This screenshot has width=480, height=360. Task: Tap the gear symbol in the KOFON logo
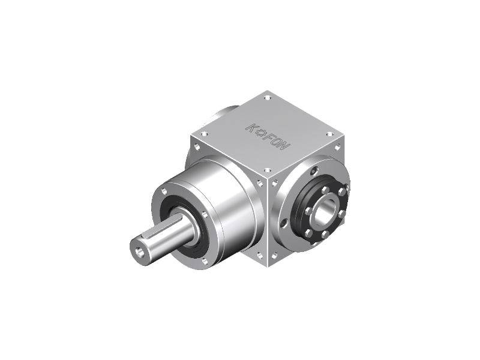262,133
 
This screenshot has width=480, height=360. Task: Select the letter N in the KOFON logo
283,146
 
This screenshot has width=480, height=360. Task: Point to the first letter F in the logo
268,137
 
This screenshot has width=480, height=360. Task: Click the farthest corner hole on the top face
268,98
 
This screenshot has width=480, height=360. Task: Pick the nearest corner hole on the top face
267,170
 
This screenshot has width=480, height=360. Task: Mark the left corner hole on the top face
203,134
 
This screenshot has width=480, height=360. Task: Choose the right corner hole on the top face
329,134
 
